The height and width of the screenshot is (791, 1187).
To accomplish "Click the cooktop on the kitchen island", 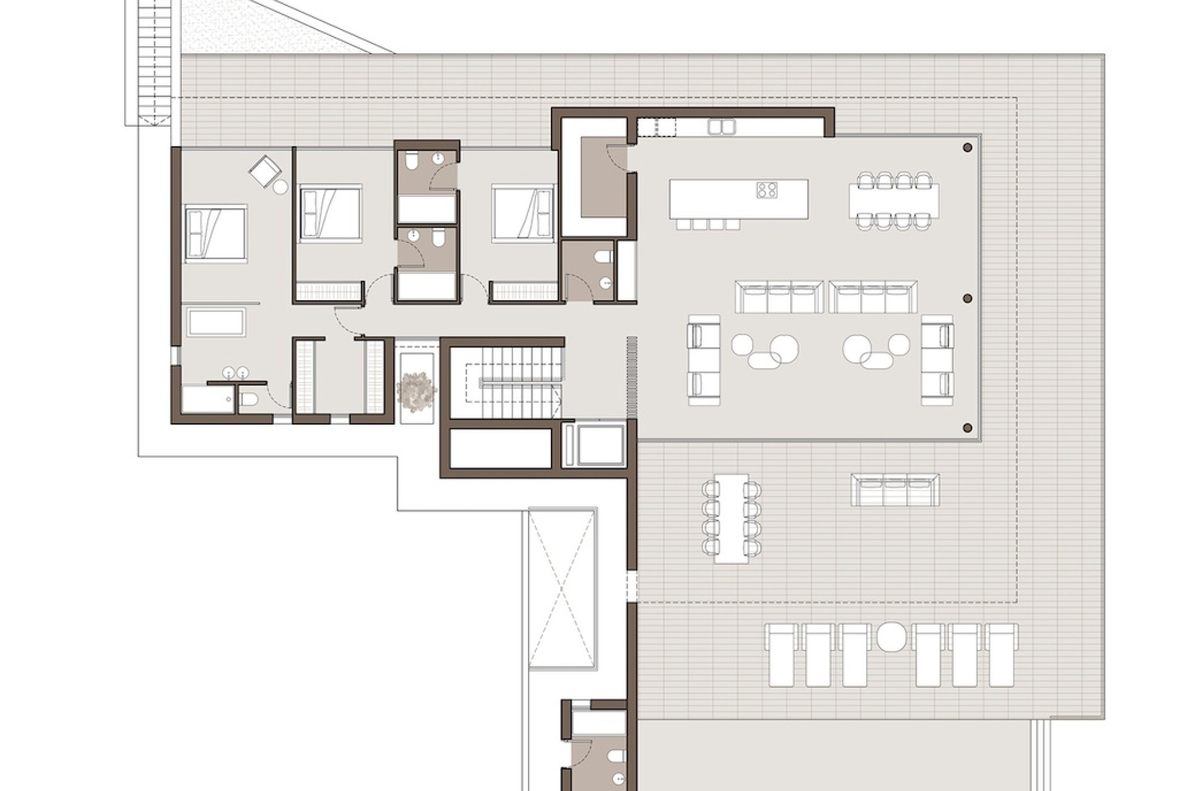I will pos(767,190).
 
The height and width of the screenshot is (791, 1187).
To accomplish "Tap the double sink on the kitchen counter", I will pos(721,127).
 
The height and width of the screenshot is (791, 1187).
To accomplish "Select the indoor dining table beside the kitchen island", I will pos(894,199).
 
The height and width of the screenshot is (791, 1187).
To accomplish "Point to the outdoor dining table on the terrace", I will pos(731,518).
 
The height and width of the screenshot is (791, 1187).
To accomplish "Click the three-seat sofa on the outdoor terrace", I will pos(895,490).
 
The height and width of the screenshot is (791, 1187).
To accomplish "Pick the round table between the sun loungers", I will pos(890,637).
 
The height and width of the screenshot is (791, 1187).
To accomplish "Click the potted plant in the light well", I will pos(417,388).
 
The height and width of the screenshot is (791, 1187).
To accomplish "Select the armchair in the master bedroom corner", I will pos(265,170).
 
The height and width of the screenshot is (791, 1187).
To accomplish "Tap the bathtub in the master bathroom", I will pos(216,323).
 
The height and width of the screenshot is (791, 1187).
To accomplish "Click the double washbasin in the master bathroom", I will pos(236,372).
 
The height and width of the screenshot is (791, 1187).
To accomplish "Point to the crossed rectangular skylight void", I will pos(562,588).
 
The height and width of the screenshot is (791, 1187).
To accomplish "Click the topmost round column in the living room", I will pos(968,148).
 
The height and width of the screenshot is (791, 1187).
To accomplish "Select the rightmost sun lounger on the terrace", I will pos(1001,655).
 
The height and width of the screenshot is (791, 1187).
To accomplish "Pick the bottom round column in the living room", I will pos(968,428).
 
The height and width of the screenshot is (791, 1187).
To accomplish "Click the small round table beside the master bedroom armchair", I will pos(281,187).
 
